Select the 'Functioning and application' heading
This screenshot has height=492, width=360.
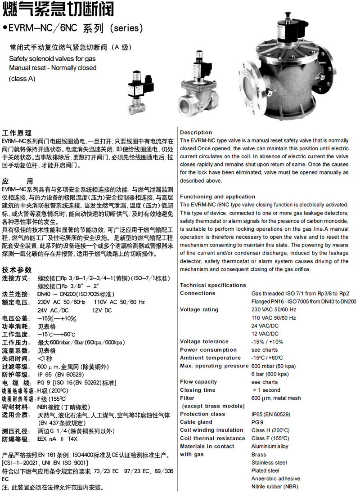pyautogui.click(x=217, y=197)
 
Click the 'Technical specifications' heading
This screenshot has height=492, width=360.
pyautogui.click(x=213, y=285)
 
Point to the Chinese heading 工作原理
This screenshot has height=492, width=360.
pyautogui.click(x=17, y=133)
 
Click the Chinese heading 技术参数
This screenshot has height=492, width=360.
pyautogui.click(x=17, y=270)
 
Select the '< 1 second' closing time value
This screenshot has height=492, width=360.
pyautogui.click(x=266, y=390)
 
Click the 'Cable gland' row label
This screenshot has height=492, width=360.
pyautogui.click(x=196, y=422)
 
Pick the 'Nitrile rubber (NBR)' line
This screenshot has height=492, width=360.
pyautogui.click(x=274, y=487)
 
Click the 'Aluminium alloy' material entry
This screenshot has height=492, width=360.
pyautogui.click(x=270, y=447)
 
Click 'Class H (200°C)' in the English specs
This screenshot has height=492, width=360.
pyautogui.click(x=270, y=430)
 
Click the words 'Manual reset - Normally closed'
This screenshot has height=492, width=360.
pyautogui.click(x=53, y=68)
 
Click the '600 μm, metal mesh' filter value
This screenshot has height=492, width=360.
pyautogui.click(x=276, y=398)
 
